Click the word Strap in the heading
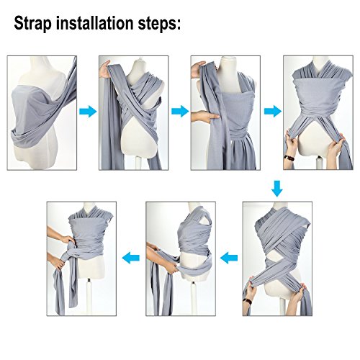tap(33, 24)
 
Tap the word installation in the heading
tap(95, 22)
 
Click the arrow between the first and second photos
tap(88, 112)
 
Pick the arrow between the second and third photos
tap(180, 112)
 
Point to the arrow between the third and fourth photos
tap(273, 112)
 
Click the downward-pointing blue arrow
tap(277, 189)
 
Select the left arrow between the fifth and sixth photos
tap(229, 258)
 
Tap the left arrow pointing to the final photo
tap(131, 258)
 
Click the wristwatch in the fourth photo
tap(289, 158)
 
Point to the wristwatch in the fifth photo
tap(247, 301)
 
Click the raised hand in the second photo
tap(104, 69)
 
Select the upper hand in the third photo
tap(198, 70)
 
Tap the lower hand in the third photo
tap(204, 117)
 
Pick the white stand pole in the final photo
tap(89, 297)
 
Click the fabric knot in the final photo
tap(68, 250)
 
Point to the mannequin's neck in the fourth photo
tap(319, 64)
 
